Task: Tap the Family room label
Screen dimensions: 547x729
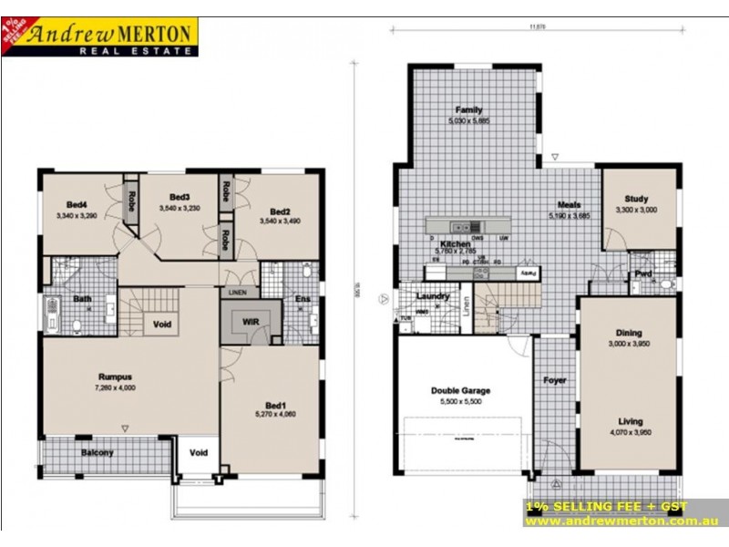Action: point(469,109)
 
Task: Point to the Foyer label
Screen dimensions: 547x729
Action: point(555,380)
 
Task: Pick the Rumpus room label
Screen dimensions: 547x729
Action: point(116,376)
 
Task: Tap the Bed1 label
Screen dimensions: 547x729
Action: point(276,405)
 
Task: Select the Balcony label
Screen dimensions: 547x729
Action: point(98,452)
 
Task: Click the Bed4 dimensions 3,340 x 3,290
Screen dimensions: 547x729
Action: point(82,215)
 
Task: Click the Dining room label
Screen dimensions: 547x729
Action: point(630,334)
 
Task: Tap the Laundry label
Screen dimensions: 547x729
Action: point(432,296)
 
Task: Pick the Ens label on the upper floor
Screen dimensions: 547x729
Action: point(301,298)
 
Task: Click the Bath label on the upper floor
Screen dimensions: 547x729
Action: point(82,298)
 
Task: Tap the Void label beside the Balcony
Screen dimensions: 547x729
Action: point(198,452)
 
